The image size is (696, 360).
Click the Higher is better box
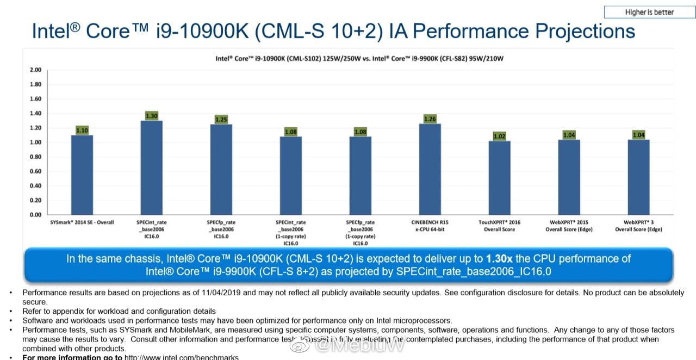coord(649,13)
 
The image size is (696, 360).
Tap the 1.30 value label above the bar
coord(151,116)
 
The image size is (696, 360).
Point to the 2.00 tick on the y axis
coord(35,70)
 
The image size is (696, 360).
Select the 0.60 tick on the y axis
coord(35,171)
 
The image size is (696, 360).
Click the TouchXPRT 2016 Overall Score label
coord(499,226)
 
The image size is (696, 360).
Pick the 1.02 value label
coord(499,136)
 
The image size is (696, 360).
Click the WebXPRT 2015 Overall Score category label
coord(569,226)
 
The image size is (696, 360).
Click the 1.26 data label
coord(430,119)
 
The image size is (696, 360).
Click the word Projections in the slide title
coord(586,30)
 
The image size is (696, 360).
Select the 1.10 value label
coord(82,131)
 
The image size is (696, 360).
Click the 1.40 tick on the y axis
coord(35,113)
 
